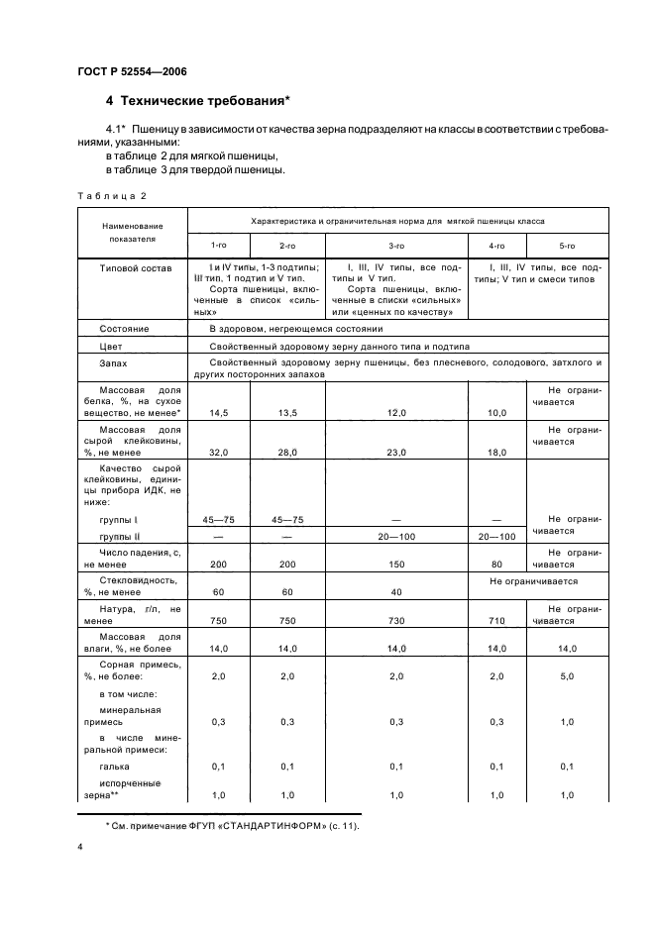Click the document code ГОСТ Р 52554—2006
coord(132,71)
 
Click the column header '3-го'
coord(395,245)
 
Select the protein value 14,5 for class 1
coord(216,412)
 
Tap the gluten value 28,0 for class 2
coord(287,452)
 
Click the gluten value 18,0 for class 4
coord(497,452)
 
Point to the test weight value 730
coord(395,620)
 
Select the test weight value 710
coord(497,620)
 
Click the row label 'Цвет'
coord(110,347)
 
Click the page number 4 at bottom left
coord(80,848)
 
